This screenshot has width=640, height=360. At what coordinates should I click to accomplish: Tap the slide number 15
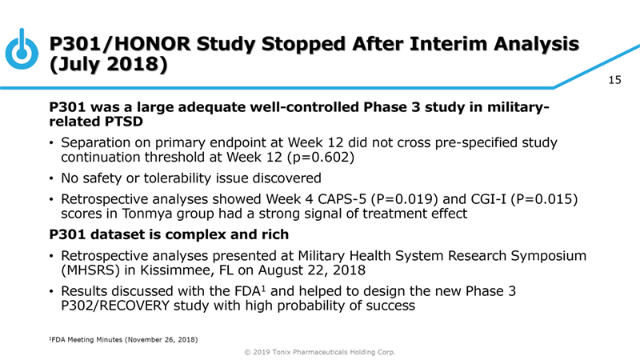point(615,80)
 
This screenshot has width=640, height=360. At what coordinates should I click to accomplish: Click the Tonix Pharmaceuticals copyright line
point(320,352)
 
